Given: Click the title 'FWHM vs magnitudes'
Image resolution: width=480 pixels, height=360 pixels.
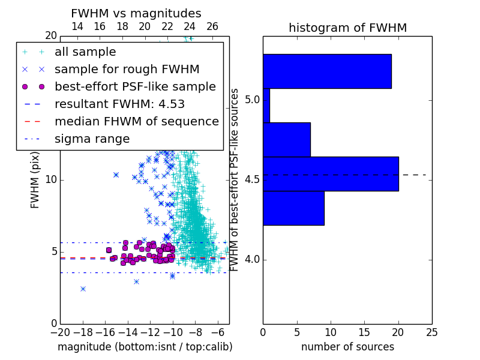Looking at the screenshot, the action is pos(136,13).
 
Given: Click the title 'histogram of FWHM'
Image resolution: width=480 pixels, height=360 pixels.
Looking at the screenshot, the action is pos(348,28).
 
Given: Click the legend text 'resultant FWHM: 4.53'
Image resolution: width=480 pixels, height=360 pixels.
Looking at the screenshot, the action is pos(119,104).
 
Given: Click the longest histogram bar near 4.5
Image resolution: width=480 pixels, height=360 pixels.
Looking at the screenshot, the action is pos(331,174).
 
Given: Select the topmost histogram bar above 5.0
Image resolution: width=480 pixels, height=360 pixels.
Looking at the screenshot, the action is pos(327,71).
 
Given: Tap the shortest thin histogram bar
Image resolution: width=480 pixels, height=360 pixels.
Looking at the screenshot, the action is pos(266,106).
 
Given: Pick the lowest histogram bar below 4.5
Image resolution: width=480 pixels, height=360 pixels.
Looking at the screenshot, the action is pos(294,208).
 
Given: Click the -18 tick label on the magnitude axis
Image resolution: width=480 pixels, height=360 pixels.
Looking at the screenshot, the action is pos(83,332).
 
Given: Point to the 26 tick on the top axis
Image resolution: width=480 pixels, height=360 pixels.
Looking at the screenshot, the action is pos(212,26).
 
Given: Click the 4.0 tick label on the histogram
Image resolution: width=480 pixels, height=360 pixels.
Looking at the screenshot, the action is pos(252,260).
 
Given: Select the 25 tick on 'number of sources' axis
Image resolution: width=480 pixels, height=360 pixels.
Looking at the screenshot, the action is pos(432,332).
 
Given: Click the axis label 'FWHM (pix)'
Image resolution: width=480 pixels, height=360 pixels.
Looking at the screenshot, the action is pos(35,181).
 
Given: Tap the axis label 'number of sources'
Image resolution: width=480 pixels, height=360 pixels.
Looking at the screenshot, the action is pos(348,347).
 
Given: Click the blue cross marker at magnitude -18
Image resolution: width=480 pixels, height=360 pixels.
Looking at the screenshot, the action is pos(83,289).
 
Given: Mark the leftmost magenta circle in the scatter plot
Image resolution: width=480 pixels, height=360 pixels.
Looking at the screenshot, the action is pos(109,250).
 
